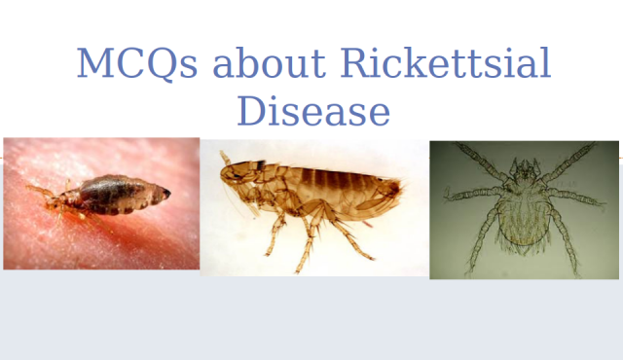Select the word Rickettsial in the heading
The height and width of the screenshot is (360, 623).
[445, 64]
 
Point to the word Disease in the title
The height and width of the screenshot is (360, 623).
[312, 111]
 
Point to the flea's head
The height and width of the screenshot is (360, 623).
[234, 173]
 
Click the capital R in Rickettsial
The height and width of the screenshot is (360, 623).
[353, 64]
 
